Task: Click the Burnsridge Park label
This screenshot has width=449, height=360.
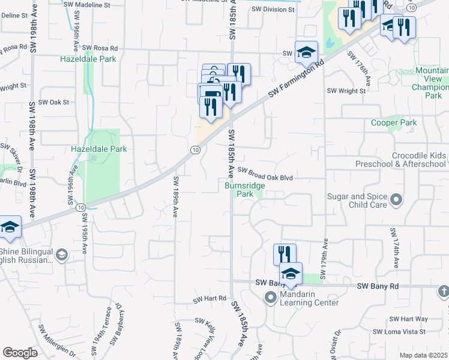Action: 244,190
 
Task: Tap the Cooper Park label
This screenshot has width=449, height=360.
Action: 394,123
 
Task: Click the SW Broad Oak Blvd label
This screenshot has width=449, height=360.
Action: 268,178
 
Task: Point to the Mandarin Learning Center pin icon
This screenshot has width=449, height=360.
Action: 271,296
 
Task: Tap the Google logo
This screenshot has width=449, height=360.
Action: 20,353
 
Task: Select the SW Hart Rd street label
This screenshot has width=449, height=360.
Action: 209,298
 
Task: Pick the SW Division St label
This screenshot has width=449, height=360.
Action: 274,9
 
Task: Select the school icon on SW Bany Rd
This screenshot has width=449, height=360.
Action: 291,274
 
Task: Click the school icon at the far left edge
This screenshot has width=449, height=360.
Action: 10,227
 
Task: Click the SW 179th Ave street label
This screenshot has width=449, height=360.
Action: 325,259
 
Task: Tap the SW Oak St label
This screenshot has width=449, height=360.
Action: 55,103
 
